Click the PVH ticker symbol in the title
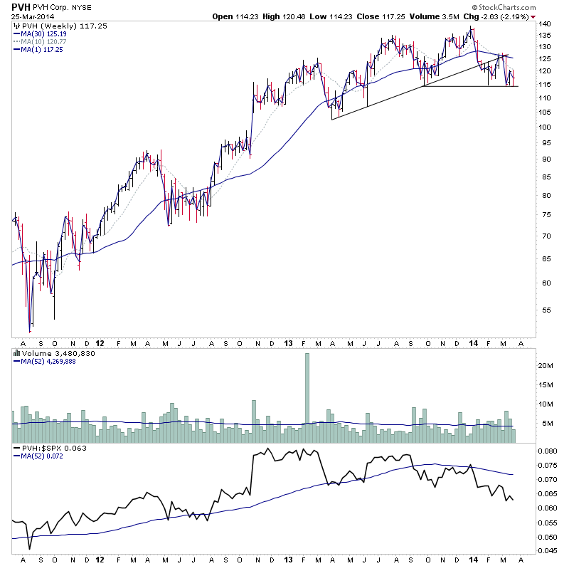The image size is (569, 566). click(20, 7)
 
